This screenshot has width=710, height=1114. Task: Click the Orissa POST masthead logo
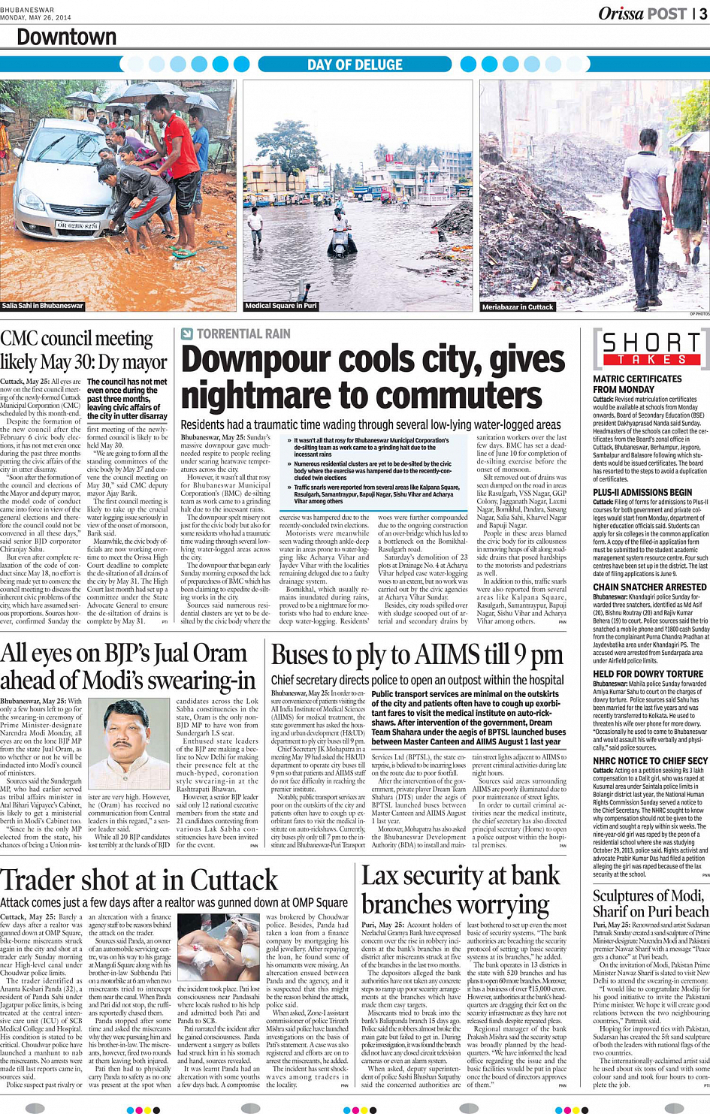coord(642,14)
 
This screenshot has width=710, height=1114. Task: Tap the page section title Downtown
coord(66,38)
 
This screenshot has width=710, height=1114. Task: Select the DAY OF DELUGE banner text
coord(355,65)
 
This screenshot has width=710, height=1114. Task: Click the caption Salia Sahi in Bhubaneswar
coord(43,306)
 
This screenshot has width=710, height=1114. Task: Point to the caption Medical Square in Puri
coord(281,306)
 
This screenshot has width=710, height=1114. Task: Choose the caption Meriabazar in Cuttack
coord(518,306)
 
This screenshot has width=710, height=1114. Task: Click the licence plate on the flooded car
coord(77,225)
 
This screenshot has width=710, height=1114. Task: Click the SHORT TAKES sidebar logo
coord(651,349)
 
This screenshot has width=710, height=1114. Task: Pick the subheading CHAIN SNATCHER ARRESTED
coord(649,587)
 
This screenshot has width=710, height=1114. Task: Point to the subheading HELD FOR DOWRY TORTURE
coord(648,675)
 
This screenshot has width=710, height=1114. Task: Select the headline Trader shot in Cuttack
coord(139,880)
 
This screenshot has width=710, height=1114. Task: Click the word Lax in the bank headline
coord(380,876)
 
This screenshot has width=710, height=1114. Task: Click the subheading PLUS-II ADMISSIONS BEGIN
coord(642,493)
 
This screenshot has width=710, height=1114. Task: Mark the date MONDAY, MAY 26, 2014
coord(36,17)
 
